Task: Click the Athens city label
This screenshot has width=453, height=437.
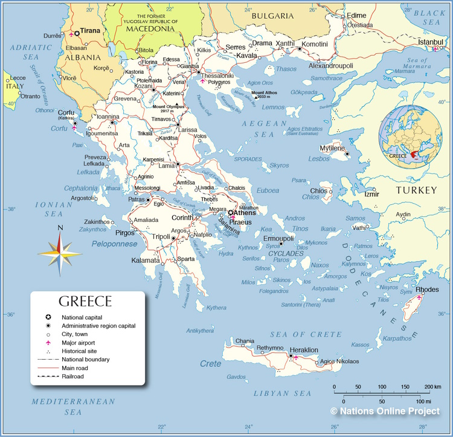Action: (244, 213)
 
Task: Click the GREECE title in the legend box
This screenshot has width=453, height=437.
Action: (85, 302)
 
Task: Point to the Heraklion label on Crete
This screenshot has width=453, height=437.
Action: (304, 350)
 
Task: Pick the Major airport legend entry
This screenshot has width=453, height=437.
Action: (79, 342)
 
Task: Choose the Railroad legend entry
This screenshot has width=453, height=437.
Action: (72, 376)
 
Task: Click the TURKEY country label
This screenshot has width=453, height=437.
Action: (416, 190)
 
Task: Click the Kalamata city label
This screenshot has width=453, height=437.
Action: (146, 261)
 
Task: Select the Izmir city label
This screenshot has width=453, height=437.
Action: (372, 194)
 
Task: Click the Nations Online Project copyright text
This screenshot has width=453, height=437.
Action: (385, 411)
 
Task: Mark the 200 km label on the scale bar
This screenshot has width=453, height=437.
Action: (432, 386)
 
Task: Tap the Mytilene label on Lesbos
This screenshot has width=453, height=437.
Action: (332, 148)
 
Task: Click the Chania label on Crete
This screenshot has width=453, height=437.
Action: (245, 341)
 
